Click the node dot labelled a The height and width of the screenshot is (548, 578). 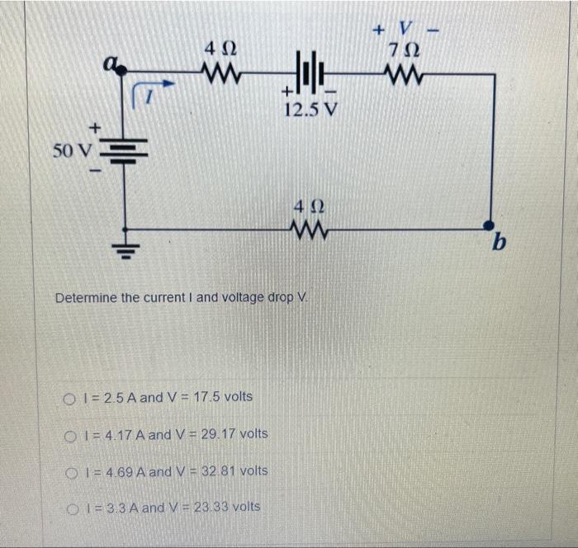pos(123,72)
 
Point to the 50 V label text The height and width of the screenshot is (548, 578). pos(73,151)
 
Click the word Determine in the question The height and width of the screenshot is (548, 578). pos(86,297)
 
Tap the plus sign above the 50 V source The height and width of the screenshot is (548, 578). pos(96,126)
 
